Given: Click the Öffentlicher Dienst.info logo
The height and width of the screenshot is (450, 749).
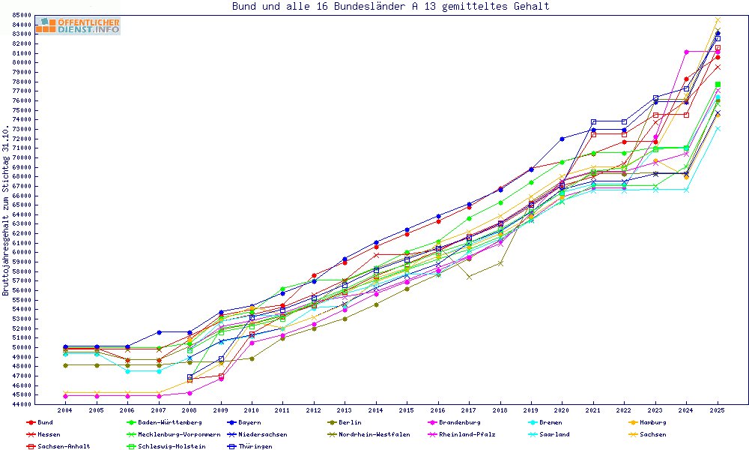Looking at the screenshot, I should pyautogui.click(x=78, y=25).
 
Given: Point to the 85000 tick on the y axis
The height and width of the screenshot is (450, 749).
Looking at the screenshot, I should pyautogui.click(x=21, y=15).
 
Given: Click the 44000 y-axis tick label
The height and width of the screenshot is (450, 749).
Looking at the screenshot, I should pyautogui.click(x=21, y=405).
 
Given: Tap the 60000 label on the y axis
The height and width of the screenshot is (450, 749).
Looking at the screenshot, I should pyautogui.click(x=21, y=253).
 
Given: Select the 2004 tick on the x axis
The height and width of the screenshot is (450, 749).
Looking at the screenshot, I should pyautogui.click(x=65, y=411).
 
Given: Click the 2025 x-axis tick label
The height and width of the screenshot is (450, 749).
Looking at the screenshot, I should pyautogui.click(x=718, y=411).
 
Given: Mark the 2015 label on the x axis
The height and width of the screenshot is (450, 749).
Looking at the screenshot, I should pyautogui.click(x=407, y=411).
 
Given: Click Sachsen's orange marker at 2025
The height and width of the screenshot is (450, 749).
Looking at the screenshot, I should pyautogui.click(x=718, y=20).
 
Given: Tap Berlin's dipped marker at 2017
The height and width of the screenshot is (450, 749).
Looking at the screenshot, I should pyautogui.click(x=469, y=277).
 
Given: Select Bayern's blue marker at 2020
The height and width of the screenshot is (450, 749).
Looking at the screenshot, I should pyautogui.click(x=562, y=139).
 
